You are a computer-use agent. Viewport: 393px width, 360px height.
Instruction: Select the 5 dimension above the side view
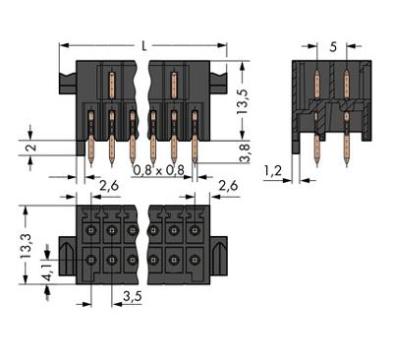(x=335, y=45)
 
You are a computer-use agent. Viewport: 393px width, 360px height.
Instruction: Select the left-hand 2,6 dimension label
(x=110, y=185)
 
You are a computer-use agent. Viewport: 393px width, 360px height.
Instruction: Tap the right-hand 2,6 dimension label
(x=228, y=185)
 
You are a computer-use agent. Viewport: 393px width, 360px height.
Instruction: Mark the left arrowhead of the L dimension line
(x=63, y=44)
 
